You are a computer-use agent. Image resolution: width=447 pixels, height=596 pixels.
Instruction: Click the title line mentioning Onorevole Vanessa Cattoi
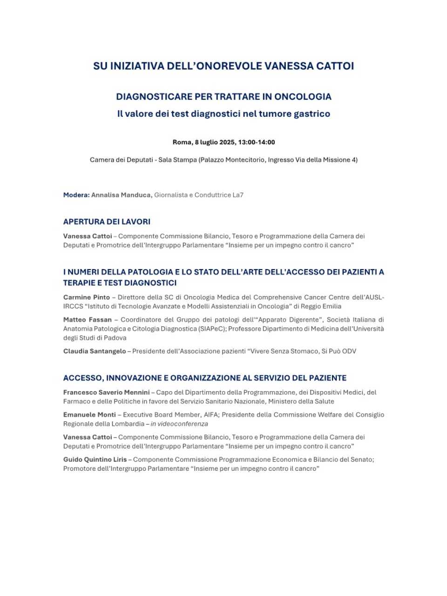[223, 66]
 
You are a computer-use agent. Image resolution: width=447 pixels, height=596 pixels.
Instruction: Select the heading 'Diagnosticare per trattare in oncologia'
[223, 97]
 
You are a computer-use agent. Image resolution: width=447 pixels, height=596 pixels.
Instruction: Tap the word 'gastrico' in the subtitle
[312, 114]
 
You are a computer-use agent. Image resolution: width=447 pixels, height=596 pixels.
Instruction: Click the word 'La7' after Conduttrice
[237, 195]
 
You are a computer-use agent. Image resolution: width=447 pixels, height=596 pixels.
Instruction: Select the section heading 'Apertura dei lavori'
[107, 222]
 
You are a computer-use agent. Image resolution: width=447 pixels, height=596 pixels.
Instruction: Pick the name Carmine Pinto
[87, 297]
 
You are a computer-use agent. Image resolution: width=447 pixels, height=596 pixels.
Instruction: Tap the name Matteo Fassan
[88, 320]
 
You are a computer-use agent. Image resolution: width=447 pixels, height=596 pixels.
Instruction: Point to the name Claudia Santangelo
[95, 351]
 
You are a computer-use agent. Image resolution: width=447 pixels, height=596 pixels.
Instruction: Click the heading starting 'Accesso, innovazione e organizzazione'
[205, 378]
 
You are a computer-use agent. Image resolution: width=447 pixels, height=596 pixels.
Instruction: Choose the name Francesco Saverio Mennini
[106, 393]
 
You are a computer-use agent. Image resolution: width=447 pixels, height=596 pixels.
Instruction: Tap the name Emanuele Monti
[89, 415]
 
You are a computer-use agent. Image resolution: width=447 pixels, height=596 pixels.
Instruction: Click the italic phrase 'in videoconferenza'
[179, 424]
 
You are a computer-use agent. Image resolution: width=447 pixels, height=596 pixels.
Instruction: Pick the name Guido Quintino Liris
[95, 460]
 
